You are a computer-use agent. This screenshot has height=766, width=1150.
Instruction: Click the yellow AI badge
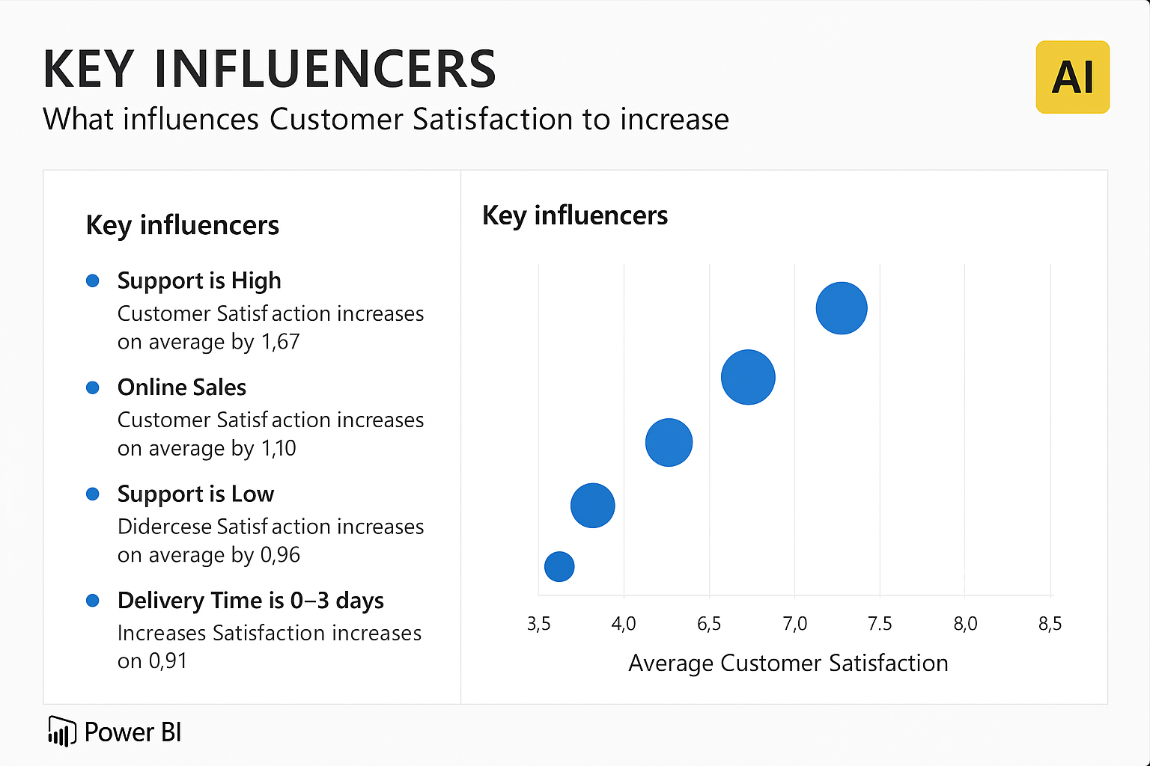pyautogui.click(x=1072, y=77)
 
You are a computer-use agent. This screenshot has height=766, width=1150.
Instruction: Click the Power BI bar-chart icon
pyautogui.click(x=61, y=732)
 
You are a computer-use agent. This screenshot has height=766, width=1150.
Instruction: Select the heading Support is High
pyautogui.click(x=199, y=281)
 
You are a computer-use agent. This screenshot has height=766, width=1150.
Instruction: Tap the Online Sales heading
pyautogui.click(x=182, y=387)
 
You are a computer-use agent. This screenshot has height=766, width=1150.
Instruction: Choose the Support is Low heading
pyautogui.click(x=195, y=494)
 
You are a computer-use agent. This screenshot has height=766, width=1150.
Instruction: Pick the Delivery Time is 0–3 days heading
pyautogui.click(x=250, y=601)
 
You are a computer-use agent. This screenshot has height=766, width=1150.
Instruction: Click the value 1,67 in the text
pyautogui.click(x=280, y=342)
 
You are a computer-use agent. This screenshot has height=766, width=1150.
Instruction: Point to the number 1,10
pyautogui.click(x=279, y=449)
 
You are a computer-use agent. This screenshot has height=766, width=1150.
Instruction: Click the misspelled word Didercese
pyautogui.click(x=165, y=527)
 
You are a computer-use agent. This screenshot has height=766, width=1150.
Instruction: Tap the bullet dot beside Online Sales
pyautogui.click(x=93, y=387)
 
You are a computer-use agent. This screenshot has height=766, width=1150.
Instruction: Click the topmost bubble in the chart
pyautogui.click(x=842, y=307)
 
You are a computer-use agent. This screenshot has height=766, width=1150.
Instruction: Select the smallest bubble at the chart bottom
pyautogui.click(x=559, y=566)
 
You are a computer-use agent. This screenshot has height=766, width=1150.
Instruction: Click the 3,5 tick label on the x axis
pyautogui.click(x=538, y=624)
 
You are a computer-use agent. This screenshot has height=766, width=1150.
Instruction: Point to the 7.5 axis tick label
pyautogui.click(x=880, y=624)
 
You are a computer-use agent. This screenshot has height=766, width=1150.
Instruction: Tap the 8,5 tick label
pyautogui.click(x=1050, y=624)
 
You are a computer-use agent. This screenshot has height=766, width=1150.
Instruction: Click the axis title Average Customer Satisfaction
pyautogui.click(x=788, y=664)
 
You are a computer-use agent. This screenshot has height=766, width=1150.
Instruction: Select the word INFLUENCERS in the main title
pyautogui.click(x=325, y=70)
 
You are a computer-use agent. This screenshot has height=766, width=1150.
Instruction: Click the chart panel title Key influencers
pyautogui.click(x=574, y=215)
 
